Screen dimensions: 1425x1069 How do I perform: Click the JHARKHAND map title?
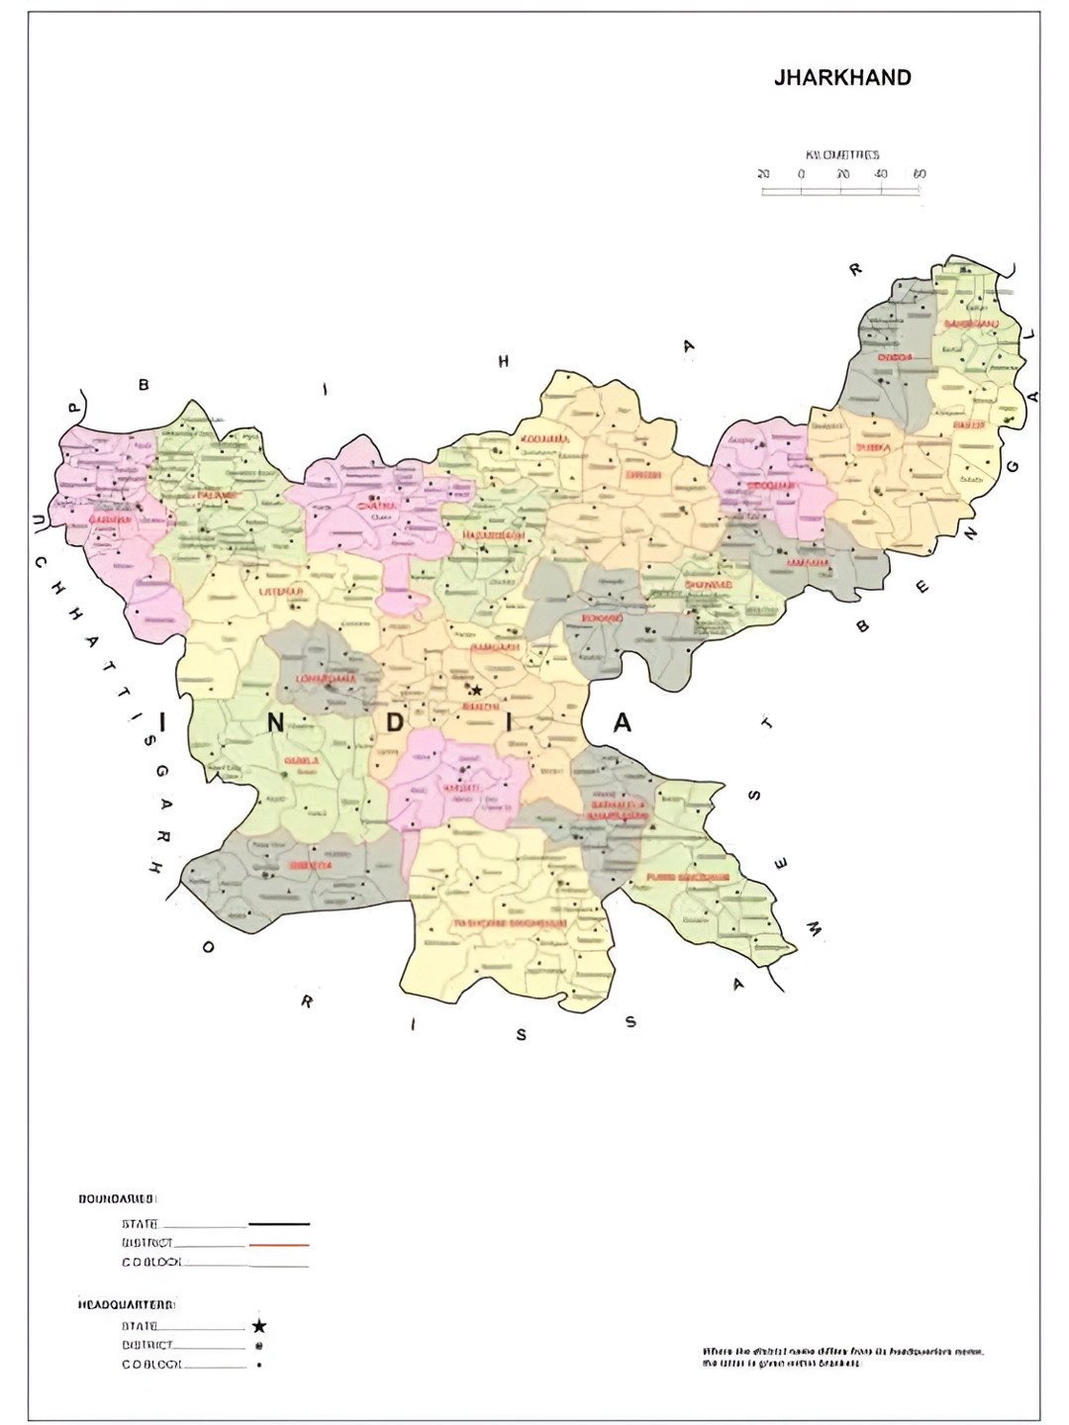point(842,78)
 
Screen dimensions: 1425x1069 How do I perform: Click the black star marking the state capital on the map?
point(476,690)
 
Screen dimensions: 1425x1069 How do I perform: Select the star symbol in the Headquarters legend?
point(259,1326)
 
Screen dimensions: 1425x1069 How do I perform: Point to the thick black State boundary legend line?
point(278,1224)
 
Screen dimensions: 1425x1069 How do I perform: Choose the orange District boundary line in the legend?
point(278,1244)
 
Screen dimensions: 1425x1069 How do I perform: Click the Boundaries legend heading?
point(117,1198)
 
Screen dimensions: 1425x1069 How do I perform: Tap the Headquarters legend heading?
point(126,1304)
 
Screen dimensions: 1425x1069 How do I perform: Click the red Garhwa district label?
point(110,520)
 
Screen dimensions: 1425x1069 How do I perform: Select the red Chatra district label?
point(377,506)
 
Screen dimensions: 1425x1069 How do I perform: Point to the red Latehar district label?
point(281,592)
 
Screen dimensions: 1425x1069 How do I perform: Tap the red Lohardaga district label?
point(326,679)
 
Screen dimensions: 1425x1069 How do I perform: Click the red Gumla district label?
point(301,761)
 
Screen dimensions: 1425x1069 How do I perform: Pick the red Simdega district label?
point(310,865)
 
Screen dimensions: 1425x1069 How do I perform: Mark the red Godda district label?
point(895,356)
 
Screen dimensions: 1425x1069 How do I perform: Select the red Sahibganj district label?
point(971,324)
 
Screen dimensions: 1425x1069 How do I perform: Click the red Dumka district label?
point(873,447)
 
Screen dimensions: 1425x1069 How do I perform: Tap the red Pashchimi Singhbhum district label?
point(510,922)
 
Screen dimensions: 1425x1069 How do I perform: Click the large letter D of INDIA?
point(395,723)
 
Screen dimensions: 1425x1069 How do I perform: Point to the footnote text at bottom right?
point(842,1357)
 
